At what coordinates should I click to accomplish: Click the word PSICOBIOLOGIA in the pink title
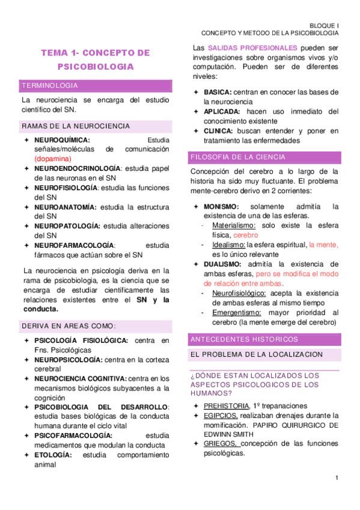click(x=96, y=67)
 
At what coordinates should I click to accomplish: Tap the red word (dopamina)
click(x=53, y=159)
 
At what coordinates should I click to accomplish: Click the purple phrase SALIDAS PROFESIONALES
click(x=252, y=48)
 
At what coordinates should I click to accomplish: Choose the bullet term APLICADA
click(x=222, y=111)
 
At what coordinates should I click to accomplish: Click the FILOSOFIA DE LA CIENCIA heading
click(x=237, y=157)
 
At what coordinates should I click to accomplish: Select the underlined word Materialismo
click(x=234, y=226)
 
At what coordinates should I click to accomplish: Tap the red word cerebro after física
click(x=245, y=235)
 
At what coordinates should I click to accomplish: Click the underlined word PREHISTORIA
click(x=226, y=405)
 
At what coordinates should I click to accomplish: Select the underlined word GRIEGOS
click(x=221, y=444)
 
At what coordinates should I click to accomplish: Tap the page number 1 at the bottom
click(x=338, y=478)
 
